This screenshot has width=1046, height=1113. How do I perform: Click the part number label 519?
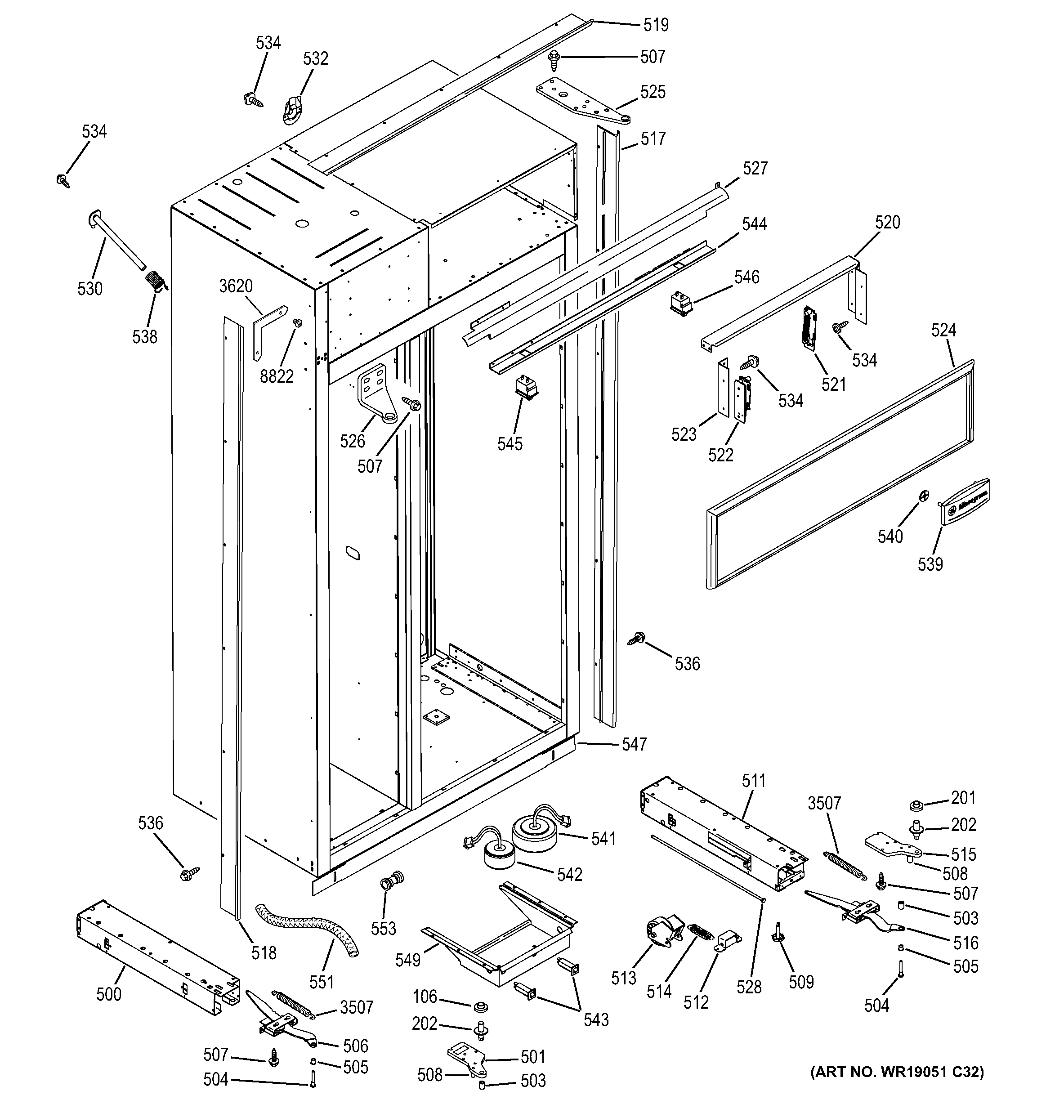(x=656, y=25)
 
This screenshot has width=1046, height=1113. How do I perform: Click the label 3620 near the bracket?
(x=236, y=286)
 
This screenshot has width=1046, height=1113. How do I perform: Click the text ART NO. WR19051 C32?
(x=897, y=1072)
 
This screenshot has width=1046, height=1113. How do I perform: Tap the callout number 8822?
(x=277, y=376)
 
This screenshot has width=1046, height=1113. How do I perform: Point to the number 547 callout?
(x=634, y=744)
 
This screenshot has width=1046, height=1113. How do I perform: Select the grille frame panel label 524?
(x=943, y=331)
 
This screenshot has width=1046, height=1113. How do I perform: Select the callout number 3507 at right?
(x=824, y=804)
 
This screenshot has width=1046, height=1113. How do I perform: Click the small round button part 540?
(x=924, y=495)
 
